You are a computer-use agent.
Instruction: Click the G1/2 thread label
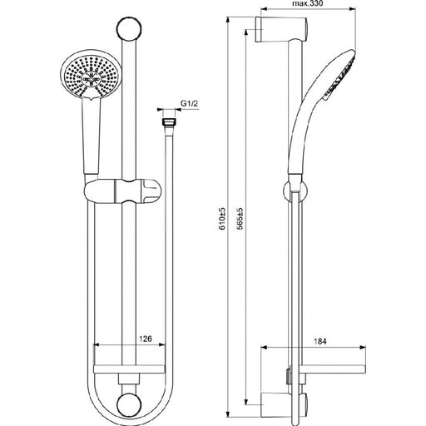[x=190, y=104]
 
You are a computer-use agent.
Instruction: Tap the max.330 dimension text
[x=308, y=3]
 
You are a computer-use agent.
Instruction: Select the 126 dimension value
[x=146, y=339]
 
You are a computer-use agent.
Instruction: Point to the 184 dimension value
[x=319, y=341]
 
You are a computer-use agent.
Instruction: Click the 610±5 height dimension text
[x=222, y=219]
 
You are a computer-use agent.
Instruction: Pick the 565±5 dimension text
[x=240, y=219]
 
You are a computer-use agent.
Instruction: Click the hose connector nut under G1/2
[x=170, y=122]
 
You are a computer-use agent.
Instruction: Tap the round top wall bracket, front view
[x=129, y=29]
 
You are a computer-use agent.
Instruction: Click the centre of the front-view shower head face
[x=90, y=77]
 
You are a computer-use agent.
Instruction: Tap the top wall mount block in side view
[x=280, y=29]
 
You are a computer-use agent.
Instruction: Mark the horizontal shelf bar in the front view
[x=129, y=369]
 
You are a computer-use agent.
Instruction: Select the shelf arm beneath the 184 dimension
[x=333, y=369]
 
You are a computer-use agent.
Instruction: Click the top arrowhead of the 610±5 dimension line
[x=227, y=20]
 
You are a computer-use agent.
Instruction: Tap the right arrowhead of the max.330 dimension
[x=352, y=9]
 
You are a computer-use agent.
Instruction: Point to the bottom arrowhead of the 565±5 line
[x=245, y=402]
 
